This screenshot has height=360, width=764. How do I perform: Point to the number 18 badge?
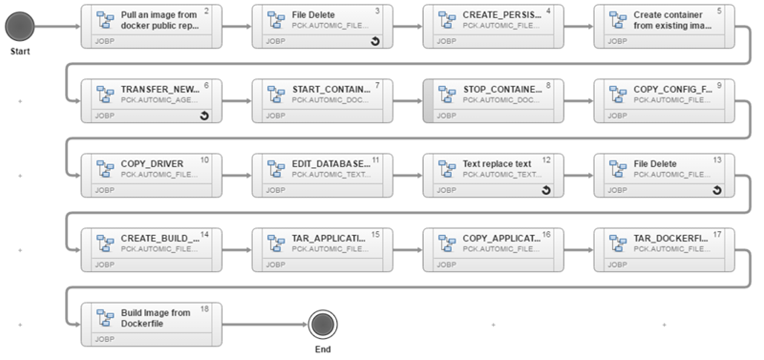pos(204,308)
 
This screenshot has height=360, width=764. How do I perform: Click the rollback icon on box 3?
pos(374,42)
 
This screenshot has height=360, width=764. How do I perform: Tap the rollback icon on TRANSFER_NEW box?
pos(203,116)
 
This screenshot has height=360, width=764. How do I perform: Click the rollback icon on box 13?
pos(716,190)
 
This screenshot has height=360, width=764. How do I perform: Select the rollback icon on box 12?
pos(545,190)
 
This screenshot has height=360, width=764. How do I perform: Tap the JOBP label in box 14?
pos(103,265)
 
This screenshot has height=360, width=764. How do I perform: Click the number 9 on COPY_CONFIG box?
pos(718,85)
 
